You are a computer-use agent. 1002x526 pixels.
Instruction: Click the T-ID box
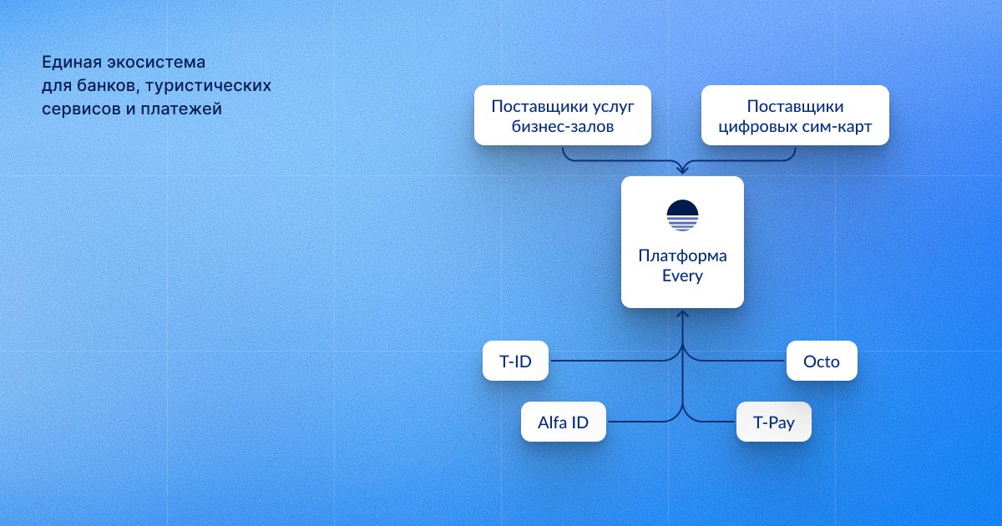(515, 361)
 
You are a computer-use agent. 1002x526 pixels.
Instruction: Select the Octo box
(822, 361)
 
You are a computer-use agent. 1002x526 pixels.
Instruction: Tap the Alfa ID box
(563, 422)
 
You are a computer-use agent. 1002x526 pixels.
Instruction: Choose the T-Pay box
(774, 422)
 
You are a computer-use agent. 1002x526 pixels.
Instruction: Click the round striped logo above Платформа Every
(683, 215)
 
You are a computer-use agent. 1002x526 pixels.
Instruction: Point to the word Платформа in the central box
(683, 255)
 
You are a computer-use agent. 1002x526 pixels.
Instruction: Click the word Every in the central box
(683, 276)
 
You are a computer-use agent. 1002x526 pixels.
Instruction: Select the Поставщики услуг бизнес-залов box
(563, 115)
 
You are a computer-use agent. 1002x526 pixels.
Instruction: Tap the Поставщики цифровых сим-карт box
(795, 115)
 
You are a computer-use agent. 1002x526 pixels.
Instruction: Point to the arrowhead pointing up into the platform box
(683, 314)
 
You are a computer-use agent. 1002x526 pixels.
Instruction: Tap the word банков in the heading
(108, 85)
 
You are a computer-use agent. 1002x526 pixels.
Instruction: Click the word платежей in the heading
(181, 109)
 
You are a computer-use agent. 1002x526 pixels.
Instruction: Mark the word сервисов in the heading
(83, 109)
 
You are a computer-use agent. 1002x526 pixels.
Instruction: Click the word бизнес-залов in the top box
(563, 127)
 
